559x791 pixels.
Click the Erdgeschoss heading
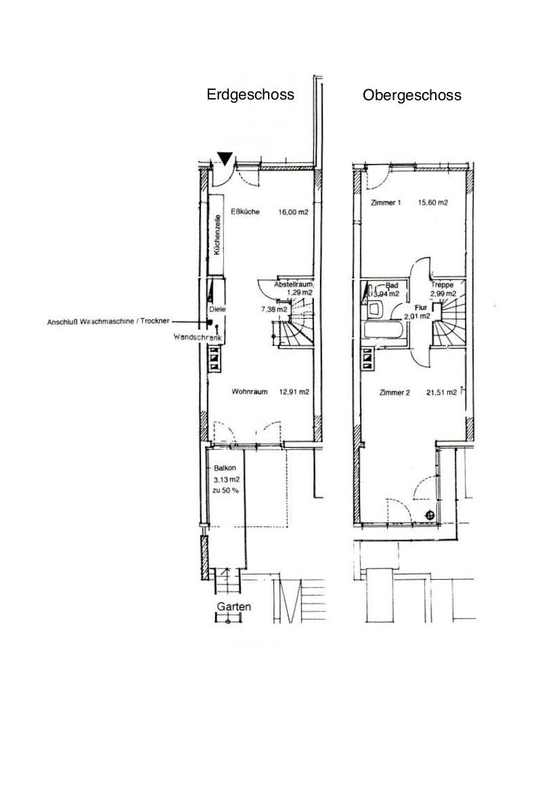[x=250, y=95]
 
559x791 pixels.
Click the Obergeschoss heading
[x=411, y=95]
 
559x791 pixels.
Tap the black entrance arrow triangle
[x=225, y=159]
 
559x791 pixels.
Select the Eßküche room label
[x=245, y=211]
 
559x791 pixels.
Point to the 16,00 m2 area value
[x=293, y=212]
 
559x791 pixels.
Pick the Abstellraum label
[x=293, y=284]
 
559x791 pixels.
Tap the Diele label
[x=217, y=309]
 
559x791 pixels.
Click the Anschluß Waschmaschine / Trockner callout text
[x=108, y=321]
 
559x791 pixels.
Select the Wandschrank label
[x=197, y=337]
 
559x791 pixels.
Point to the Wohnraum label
[x=249, y=392]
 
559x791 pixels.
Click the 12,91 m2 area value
[x=294, y=392]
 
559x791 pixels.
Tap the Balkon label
[x=225, y=468]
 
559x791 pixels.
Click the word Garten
[x=233, y=606]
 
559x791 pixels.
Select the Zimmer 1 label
[x=386, y=203]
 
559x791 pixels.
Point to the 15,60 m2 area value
[x=433, y=203]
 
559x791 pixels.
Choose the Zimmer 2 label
[x=395, y=392]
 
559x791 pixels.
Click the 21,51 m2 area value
[x=441, y=392]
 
